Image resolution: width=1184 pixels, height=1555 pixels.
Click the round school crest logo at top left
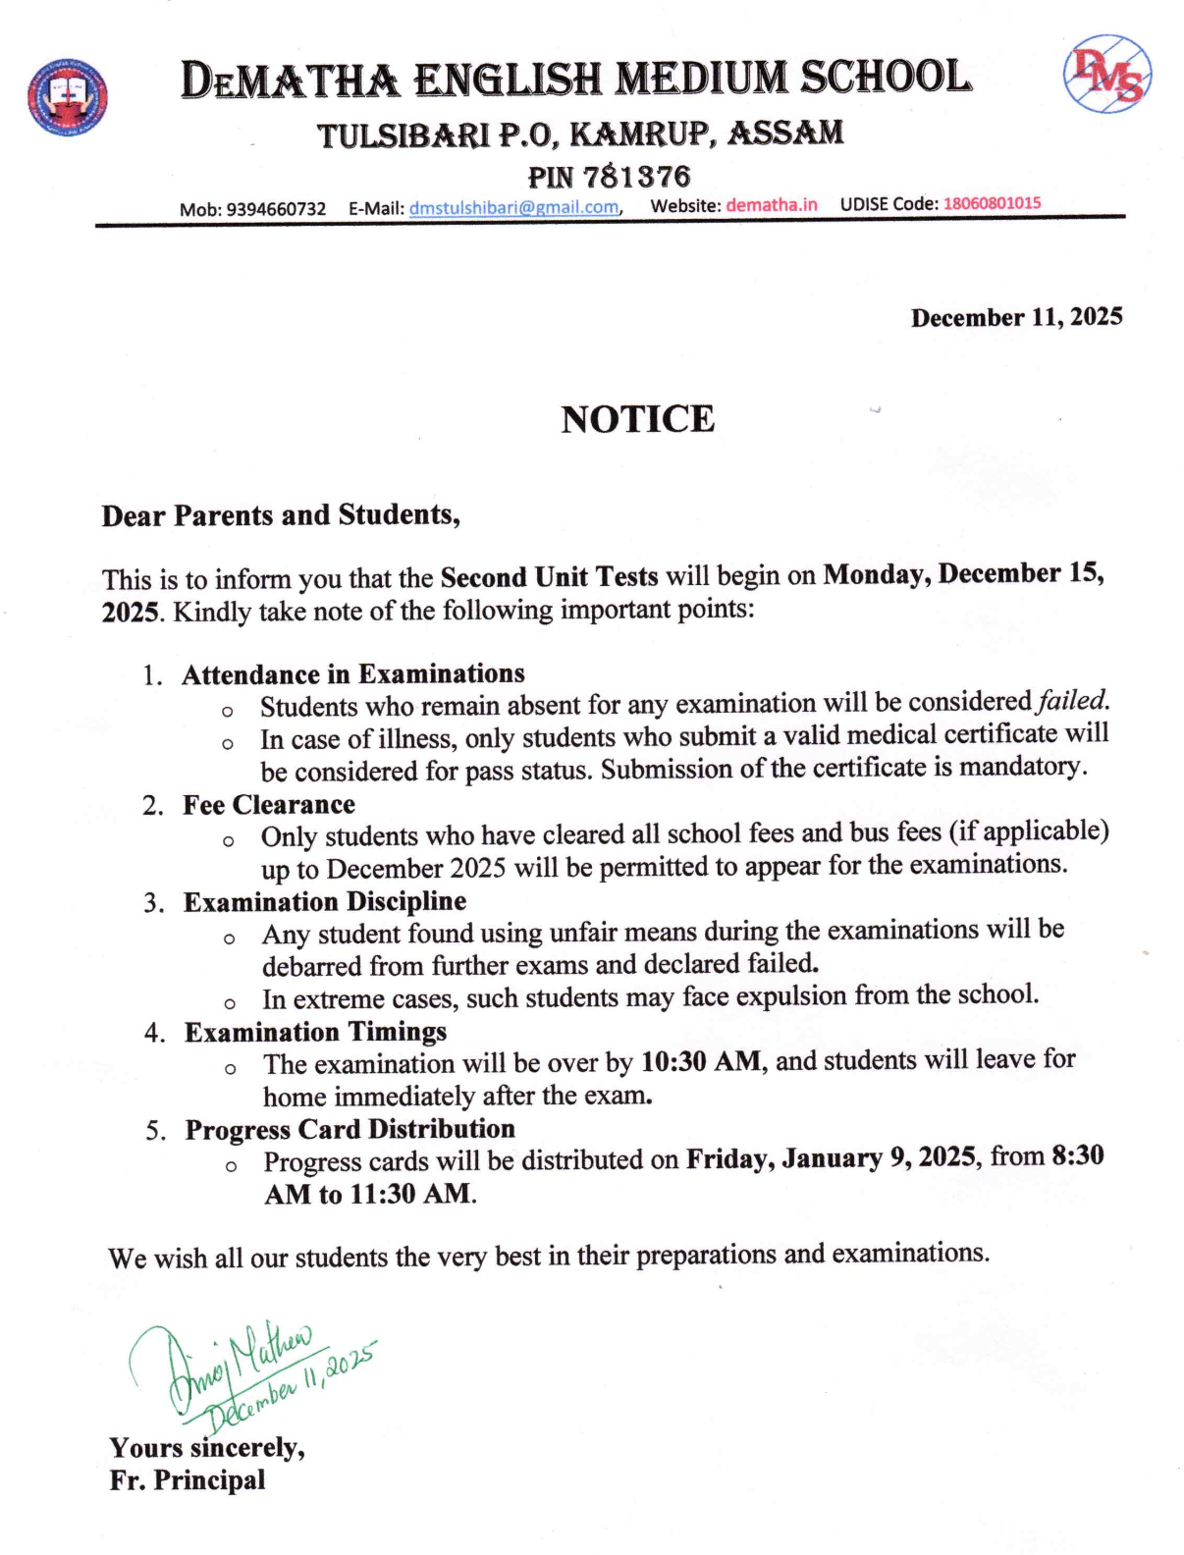pyautogui.click(x=67, y=96)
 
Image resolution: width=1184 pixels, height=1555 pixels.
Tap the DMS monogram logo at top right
pyautogui.click(x=1106, y=75)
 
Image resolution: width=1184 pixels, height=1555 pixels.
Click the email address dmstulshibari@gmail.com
pyautogui.click(x=513, y=207)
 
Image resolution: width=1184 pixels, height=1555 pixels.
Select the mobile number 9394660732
pyautogui.click(x=276, y=209)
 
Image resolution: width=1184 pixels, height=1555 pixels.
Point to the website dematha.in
pyautogui.click(x=771, y=205)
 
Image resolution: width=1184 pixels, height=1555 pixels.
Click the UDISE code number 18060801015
pyautogui.click(x=992, y=203)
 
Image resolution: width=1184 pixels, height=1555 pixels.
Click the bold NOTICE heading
pyautogui.click(x=637, y=419)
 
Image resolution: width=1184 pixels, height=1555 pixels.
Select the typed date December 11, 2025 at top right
pyautogui.click(x=1016, y=317)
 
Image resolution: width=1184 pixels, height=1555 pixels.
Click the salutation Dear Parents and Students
pyautogui.click(x=281, y=515)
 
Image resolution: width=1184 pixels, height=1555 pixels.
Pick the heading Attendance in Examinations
pyautogui.click(x=353, y=674)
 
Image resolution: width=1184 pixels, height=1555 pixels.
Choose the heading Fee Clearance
pyautogui.click(x=269, y=805)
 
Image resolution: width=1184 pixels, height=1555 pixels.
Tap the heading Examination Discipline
pyautogui.click(x=325, y=902)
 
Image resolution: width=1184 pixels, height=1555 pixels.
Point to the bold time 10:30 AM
pyautogui.click(x=700, y=1062)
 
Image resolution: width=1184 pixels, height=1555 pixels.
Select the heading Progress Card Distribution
pyautogui.click(x=350, y=1130)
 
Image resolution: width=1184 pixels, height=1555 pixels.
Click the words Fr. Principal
pyautogui.click(x=188, y=1480)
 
